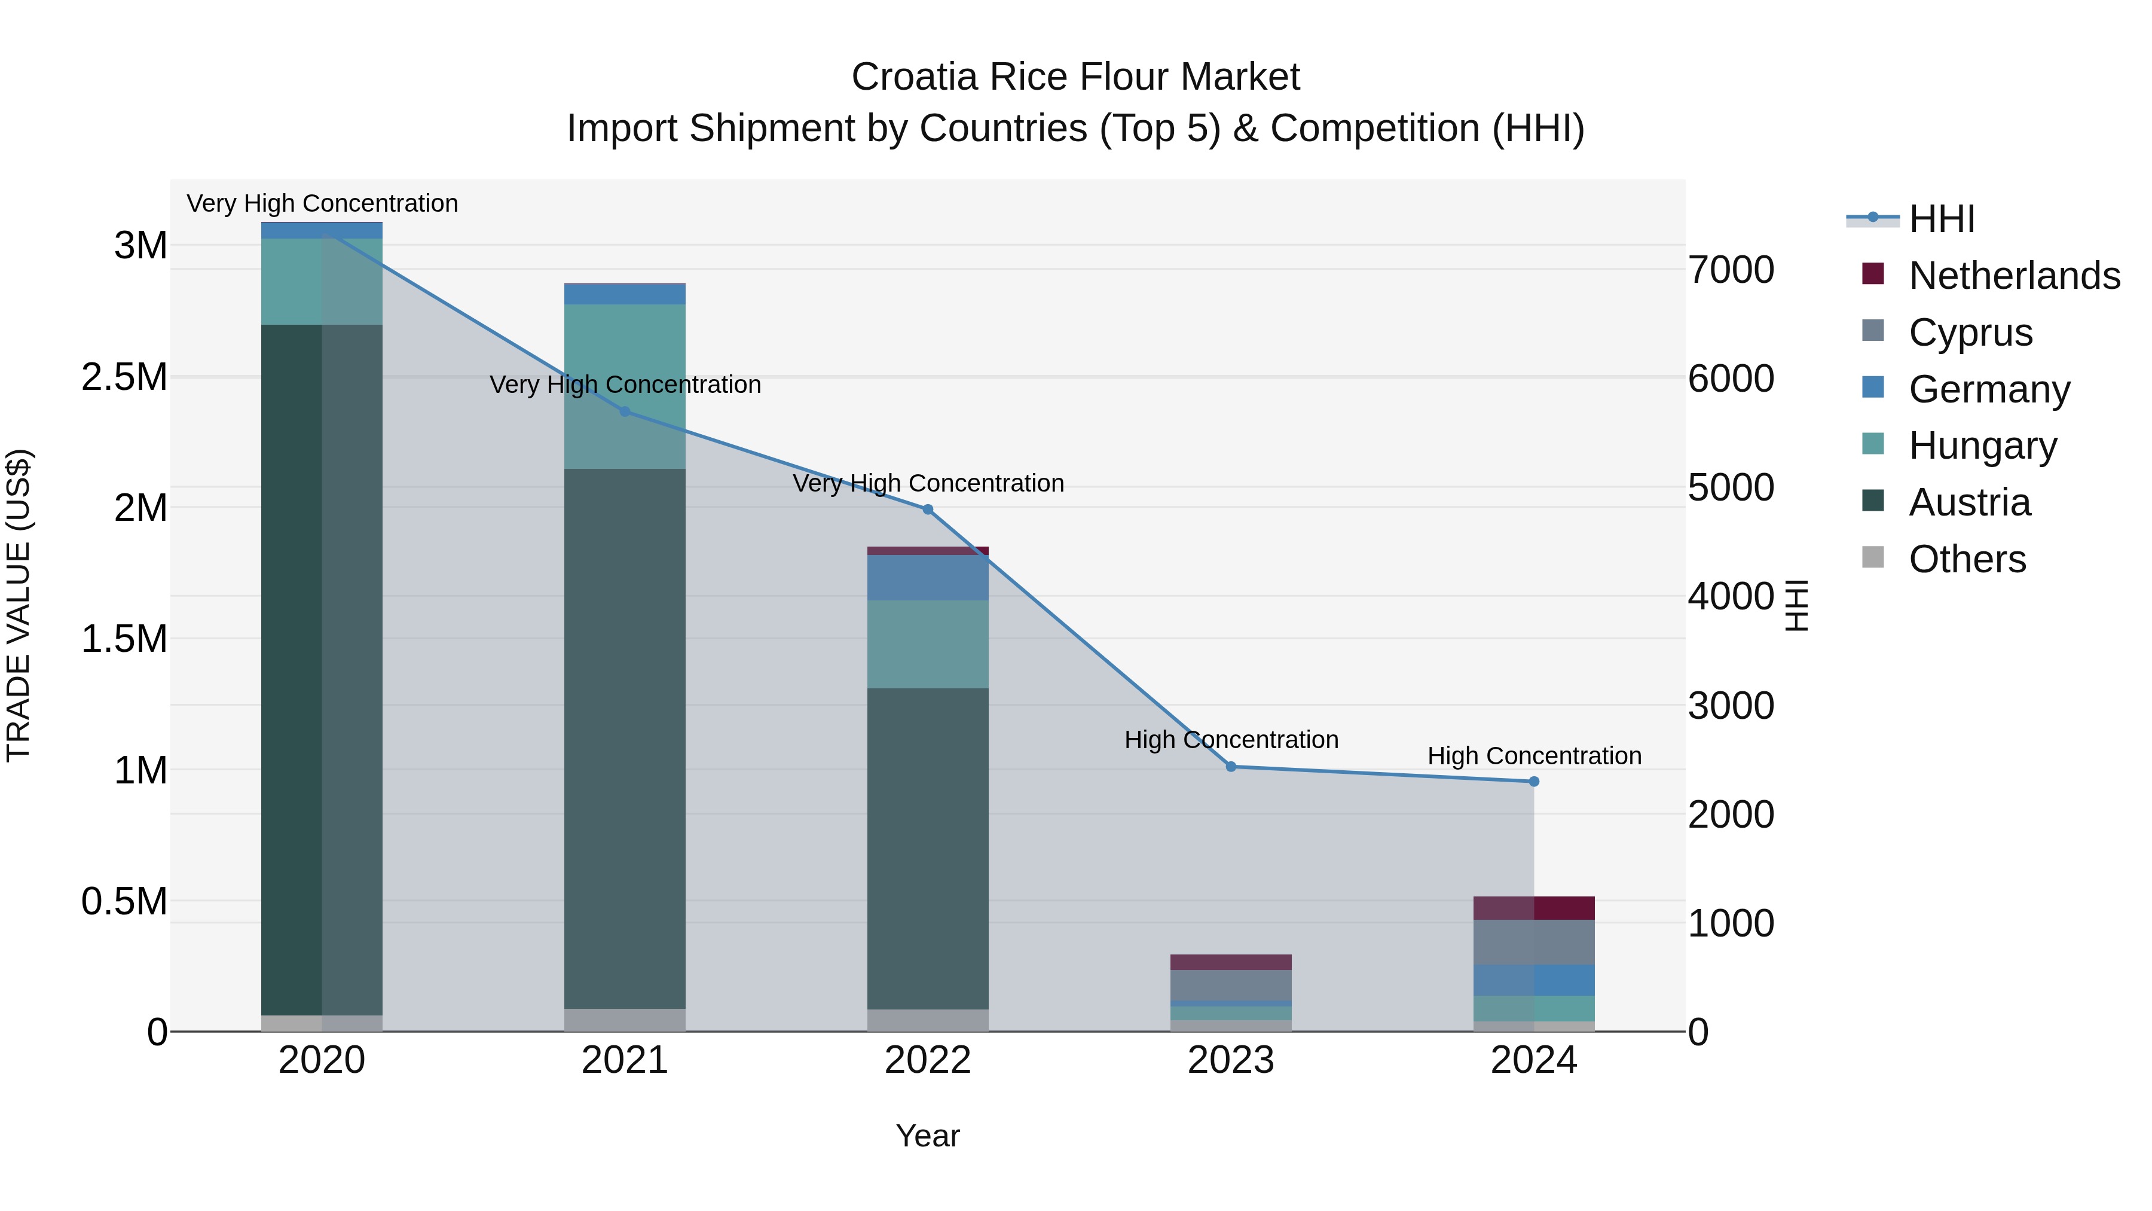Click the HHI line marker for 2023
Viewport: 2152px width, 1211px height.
coord(1231,767)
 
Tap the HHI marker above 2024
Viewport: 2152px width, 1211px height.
coord(1534,782)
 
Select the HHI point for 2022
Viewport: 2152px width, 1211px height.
coord(927,509)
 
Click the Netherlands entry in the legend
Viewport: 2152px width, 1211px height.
coord(2014,276)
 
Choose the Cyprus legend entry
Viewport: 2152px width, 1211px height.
coord(1970,333)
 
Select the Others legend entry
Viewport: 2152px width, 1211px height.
coord(1967,559)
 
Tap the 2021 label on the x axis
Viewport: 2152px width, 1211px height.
coord(624,1060)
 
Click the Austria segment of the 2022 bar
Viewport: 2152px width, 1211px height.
coord(927,848)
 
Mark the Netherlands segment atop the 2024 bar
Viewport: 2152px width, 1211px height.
coord(1534,908)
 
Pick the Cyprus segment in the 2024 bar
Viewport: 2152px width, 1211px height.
coord(1534,942)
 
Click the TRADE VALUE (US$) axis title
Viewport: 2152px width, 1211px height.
coord(19,605)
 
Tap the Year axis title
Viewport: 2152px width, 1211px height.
coord(927,1136)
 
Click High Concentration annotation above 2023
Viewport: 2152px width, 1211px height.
coord(1231,740)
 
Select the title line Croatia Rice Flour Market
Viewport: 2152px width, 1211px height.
coord(1075,77)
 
